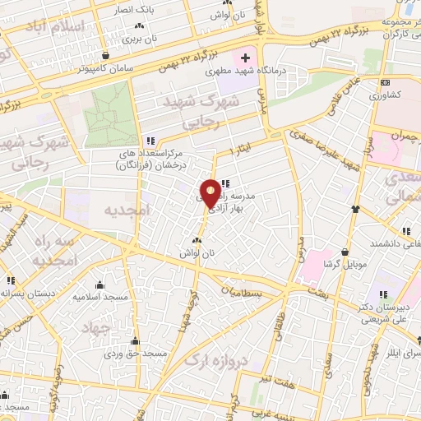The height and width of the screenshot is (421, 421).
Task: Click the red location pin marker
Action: click(210, 192)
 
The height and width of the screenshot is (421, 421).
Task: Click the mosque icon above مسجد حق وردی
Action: click(135, 341)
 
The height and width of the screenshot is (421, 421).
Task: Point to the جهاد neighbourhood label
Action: click(95, 327)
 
